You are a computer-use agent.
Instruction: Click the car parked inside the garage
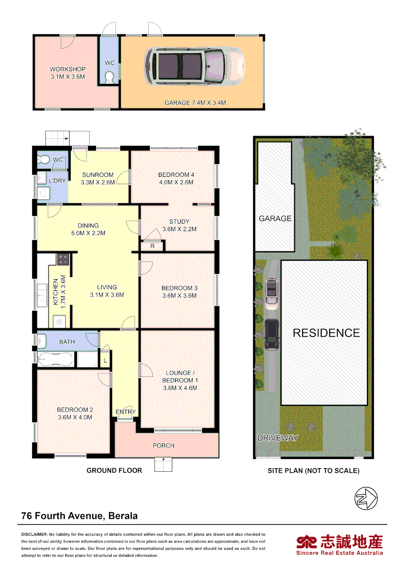pos(195,66)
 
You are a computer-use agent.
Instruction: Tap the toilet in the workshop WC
pos(110,78)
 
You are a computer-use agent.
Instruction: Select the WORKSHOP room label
pos(67,69)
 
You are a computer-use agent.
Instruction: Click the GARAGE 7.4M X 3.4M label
pos(195,103)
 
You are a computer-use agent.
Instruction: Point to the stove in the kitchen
pos(63,259)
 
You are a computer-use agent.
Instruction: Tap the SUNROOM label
pos(98,175)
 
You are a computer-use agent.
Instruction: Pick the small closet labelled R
pos(152,246)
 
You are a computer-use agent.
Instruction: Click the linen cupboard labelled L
pos(105,360)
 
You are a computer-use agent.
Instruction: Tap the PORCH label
pos(163,445)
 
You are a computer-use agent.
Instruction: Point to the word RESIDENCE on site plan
pos(326,333)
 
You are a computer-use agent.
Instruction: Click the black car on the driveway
pos(272,334)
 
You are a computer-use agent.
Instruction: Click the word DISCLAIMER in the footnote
pos(34,535)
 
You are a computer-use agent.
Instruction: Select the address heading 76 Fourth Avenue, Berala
pos(79,516)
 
